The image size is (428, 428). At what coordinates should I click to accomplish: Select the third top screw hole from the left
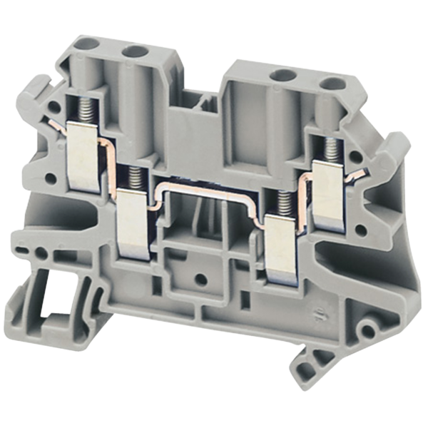(284, 75)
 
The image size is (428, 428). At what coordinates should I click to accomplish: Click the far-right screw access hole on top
(329, 83)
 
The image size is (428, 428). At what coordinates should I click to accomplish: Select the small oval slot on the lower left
(24, 250)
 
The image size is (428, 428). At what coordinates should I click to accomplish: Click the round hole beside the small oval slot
(42, 253)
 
